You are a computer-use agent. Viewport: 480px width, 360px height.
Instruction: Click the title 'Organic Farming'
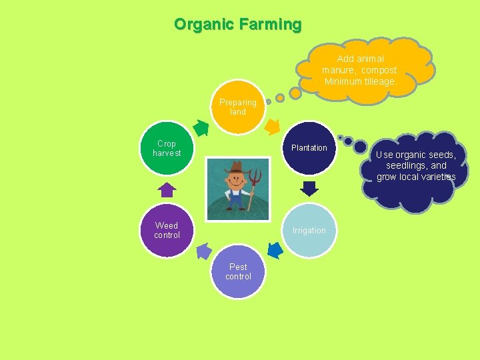[237, 25]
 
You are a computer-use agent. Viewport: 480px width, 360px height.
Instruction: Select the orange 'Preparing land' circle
[238, 107]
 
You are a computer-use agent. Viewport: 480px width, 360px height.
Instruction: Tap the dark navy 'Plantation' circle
[309, 148]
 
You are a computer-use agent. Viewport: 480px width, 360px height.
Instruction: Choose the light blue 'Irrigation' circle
[309, 231]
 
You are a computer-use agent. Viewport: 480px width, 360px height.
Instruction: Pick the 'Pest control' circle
[238, 272]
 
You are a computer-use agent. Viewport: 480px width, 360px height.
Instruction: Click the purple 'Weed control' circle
[167, 231]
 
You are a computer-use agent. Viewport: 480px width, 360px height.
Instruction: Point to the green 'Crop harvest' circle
[167, 148]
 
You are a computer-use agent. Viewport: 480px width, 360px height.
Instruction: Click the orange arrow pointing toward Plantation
[273, 125]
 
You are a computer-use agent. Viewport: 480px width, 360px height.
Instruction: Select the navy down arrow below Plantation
[309, 188]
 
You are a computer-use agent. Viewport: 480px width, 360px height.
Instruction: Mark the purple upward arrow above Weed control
[167, 190]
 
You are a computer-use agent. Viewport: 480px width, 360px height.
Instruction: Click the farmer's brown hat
[236, 167]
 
